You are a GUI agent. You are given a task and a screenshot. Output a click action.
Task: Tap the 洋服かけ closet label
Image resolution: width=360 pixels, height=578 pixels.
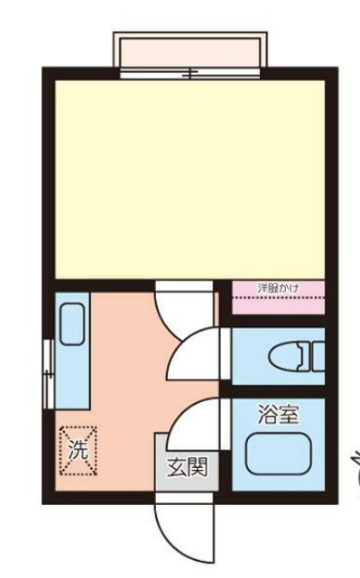click(277, 289)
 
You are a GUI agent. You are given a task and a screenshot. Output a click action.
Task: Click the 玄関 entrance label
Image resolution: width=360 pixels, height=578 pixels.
click(188, 467)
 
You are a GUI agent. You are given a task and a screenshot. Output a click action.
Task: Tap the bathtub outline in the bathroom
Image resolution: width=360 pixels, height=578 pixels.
click(276, 455)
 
